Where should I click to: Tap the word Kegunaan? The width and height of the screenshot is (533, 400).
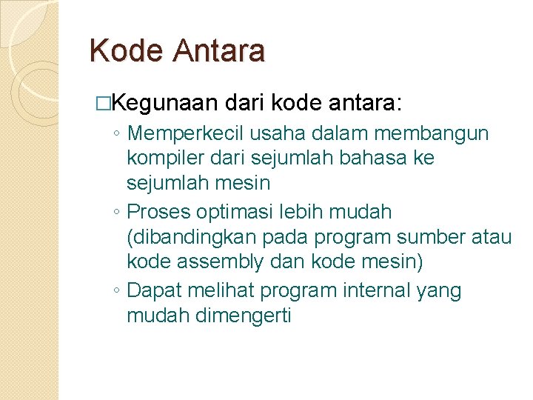(167, 103)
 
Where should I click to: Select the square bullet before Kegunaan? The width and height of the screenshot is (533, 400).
(112, 103)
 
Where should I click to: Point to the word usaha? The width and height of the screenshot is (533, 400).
(275, 133)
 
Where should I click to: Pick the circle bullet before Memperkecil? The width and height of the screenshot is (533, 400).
(117, 135)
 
